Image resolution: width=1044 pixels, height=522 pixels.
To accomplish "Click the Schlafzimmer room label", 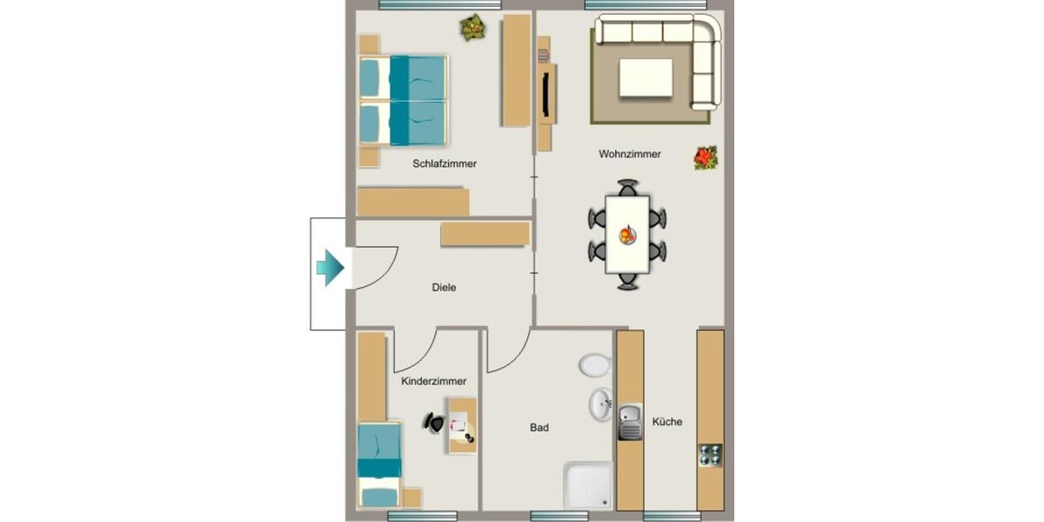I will point(445,164).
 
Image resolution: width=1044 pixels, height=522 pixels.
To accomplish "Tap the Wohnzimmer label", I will point(629,154).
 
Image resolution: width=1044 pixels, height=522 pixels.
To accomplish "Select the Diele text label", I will point(444,287).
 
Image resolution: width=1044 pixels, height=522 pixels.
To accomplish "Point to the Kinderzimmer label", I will point(433,381).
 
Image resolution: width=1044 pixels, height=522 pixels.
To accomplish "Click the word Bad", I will point(539,428).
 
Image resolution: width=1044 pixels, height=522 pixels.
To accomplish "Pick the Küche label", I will point(667,422).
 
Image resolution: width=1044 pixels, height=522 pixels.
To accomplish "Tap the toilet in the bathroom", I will point(595,364).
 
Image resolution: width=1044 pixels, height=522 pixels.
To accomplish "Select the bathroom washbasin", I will point(599,404).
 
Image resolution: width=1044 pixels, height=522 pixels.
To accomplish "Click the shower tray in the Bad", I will point(589,484).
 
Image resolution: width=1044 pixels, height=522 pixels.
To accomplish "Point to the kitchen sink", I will point(630,423).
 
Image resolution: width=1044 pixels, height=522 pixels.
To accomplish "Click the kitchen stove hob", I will point(711,455).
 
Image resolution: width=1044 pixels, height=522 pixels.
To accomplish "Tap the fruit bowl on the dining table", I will point(626,234).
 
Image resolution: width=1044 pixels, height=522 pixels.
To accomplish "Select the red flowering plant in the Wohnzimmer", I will point(706,157).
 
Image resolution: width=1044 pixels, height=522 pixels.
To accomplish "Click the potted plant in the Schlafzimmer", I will point(472,28).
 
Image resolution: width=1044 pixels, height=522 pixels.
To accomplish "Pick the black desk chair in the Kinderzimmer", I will point(434,422).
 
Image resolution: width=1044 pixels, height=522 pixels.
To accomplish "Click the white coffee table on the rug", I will point(645,78).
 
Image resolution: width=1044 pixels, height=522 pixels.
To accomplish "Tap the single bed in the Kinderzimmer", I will point(379,463).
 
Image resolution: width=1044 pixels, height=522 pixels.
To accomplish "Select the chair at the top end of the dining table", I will point(627,187).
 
